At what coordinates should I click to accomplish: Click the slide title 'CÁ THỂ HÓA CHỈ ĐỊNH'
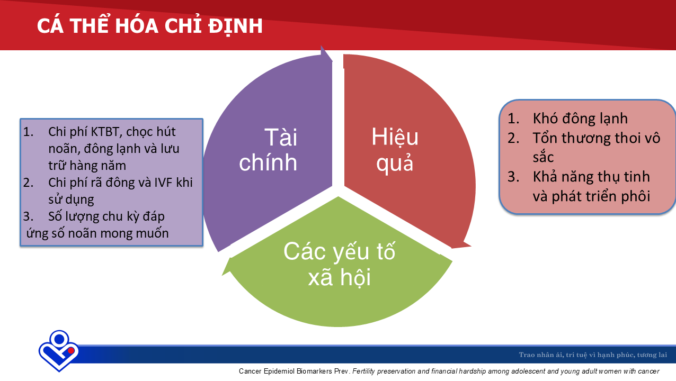[150, 25]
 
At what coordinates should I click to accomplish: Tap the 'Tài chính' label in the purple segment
[268, 150]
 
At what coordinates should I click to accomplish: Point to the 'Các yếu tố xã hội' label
[339, 264]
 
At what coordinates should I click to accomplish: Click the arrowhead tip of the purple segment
[322, 47]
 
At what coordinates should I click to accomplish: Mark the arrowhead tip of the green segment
[223, 275]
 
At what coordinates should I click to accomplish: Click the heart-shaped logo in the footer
[59, 351]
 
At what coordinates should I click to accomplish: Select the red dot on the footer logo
[71, 350]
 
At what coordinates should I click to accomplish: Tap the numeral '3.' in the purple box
[29, 216]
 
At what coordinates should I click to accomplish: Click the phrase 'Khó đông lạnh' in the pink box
[580, 118]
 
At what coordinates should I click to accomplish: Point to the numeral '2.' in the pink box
[513, 138]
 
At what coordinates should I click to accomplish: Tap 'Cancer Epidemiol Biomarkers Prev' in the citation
[293, 371]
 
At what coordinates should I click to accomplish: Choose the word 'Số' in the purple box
[55, 216]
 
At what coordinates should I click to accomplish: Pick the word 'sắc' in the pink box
[543, 157]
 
